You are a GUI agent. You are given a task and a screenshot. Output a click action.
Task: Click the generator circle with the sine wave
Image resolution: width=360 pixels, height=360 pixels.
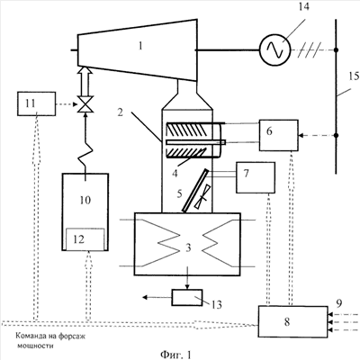tap(274, 49)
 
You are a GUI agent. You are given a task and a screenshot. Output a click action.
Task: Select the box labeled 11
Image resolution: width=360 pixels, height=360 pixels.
tap(36, 103)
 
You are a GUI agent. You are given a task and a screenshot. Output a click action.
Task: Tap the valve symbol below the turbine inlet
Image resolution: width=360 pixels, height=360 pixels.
tap(85, 104)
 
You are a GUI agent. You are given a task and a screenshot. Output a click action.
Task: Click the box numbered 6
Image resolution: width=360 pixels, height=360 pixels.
tap(279, 135)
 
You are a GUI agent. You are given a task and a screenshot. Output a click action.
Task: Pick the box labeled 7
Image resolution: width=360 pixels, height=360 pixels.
tap(256, 177)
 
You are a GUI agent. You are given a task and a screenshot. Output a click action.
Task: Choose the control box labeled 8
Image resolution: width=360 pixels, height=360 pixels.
tap(292, 321)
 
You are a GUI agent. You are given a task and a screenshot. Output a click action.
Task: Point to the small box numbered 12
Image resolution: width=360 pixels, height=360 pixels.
tap(85, 239)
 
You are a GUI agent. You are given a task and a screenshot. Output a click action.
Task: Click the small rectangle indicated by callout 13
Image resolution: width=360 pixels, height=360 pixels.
tap(187, 298)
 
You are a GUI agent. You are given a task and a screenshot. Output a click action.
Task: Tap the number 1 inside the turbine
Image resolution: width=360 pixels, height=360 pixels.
tap(140, 46)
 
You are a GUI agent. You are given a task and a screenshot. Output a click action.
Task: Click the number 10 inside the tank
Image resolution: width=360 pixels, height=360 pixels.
tap(85, 200)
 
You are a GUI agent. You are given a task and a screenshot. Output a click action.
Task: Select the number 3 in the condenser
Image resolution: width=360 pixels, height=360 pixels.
tap(188, 247)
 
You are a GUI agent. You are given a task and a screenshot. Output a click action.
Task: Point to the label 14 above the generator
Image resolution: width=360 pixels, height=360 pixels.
tap(303, 6)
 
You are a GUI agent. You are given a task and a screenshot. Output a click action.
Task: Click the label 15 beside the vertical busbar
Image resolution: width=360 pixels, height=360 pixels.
tap(354, 76)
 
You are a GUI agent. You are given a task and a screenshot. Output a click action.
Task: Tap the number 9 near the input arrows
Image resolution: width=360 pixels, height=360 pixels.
tap(338, 304)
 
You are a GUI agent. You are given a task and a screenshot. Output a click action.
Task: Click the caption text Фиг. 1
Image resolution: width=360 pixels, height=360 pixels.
tap(175, 355)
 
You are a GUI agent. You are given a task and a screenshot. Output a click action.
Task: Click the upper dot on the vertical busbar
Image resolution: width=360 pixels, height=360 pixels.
tap(336, 50)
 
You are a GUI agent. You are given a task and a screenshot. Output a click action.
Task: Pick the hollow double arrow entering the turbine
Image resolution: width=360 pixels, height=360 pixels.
tap(85, 81)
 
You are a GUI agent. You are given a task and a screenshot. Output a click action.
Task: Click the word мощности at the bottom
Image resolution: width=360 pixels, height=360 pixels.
tap(35, 346)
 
